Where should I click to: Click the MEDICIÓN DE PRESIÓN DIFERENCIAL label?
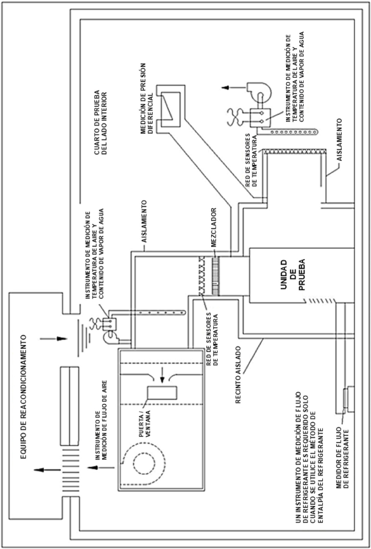(146, 98)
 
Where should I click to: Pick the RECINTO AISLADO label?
(238, 375)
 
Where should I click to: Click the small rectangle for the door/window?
(162, 393)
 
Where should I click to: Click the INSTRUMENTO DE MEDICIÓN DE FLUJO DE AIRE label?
(102, 413)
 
